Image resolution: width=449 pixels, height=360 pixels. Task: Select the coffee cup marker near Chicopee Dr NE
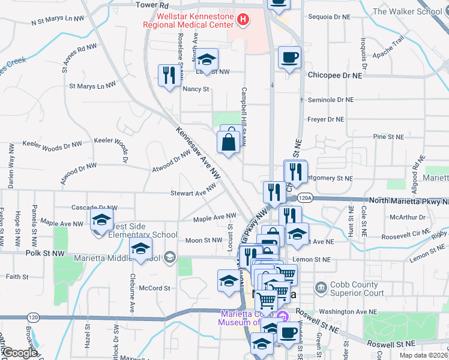(289, 58)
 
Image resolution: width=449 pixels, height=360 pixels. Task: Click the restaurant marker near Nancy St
(167, 75)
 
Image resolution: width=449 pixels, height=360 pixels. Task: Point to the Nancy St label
(195, 89)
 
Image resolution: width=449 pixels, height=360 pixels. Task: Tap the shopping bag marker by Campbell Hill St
(229, 142)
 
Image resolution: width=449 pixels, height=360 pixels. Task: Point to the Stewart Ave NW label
(193, 190)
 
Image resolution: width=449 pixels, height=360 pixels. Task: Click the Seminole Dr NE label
(330, 100)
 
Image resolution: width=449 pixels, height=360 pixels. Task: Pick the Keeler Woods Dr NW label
(52, 144)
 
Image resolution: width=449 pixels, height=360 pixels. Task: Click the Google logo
(20, 353)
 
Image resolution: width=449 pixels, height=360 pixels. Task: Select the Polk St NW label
(45, 254)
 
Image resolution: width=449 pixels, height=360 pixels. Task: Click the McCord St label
(154, 288)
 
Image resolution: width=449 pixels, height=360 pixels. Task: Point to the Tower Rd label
(150, 5)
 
